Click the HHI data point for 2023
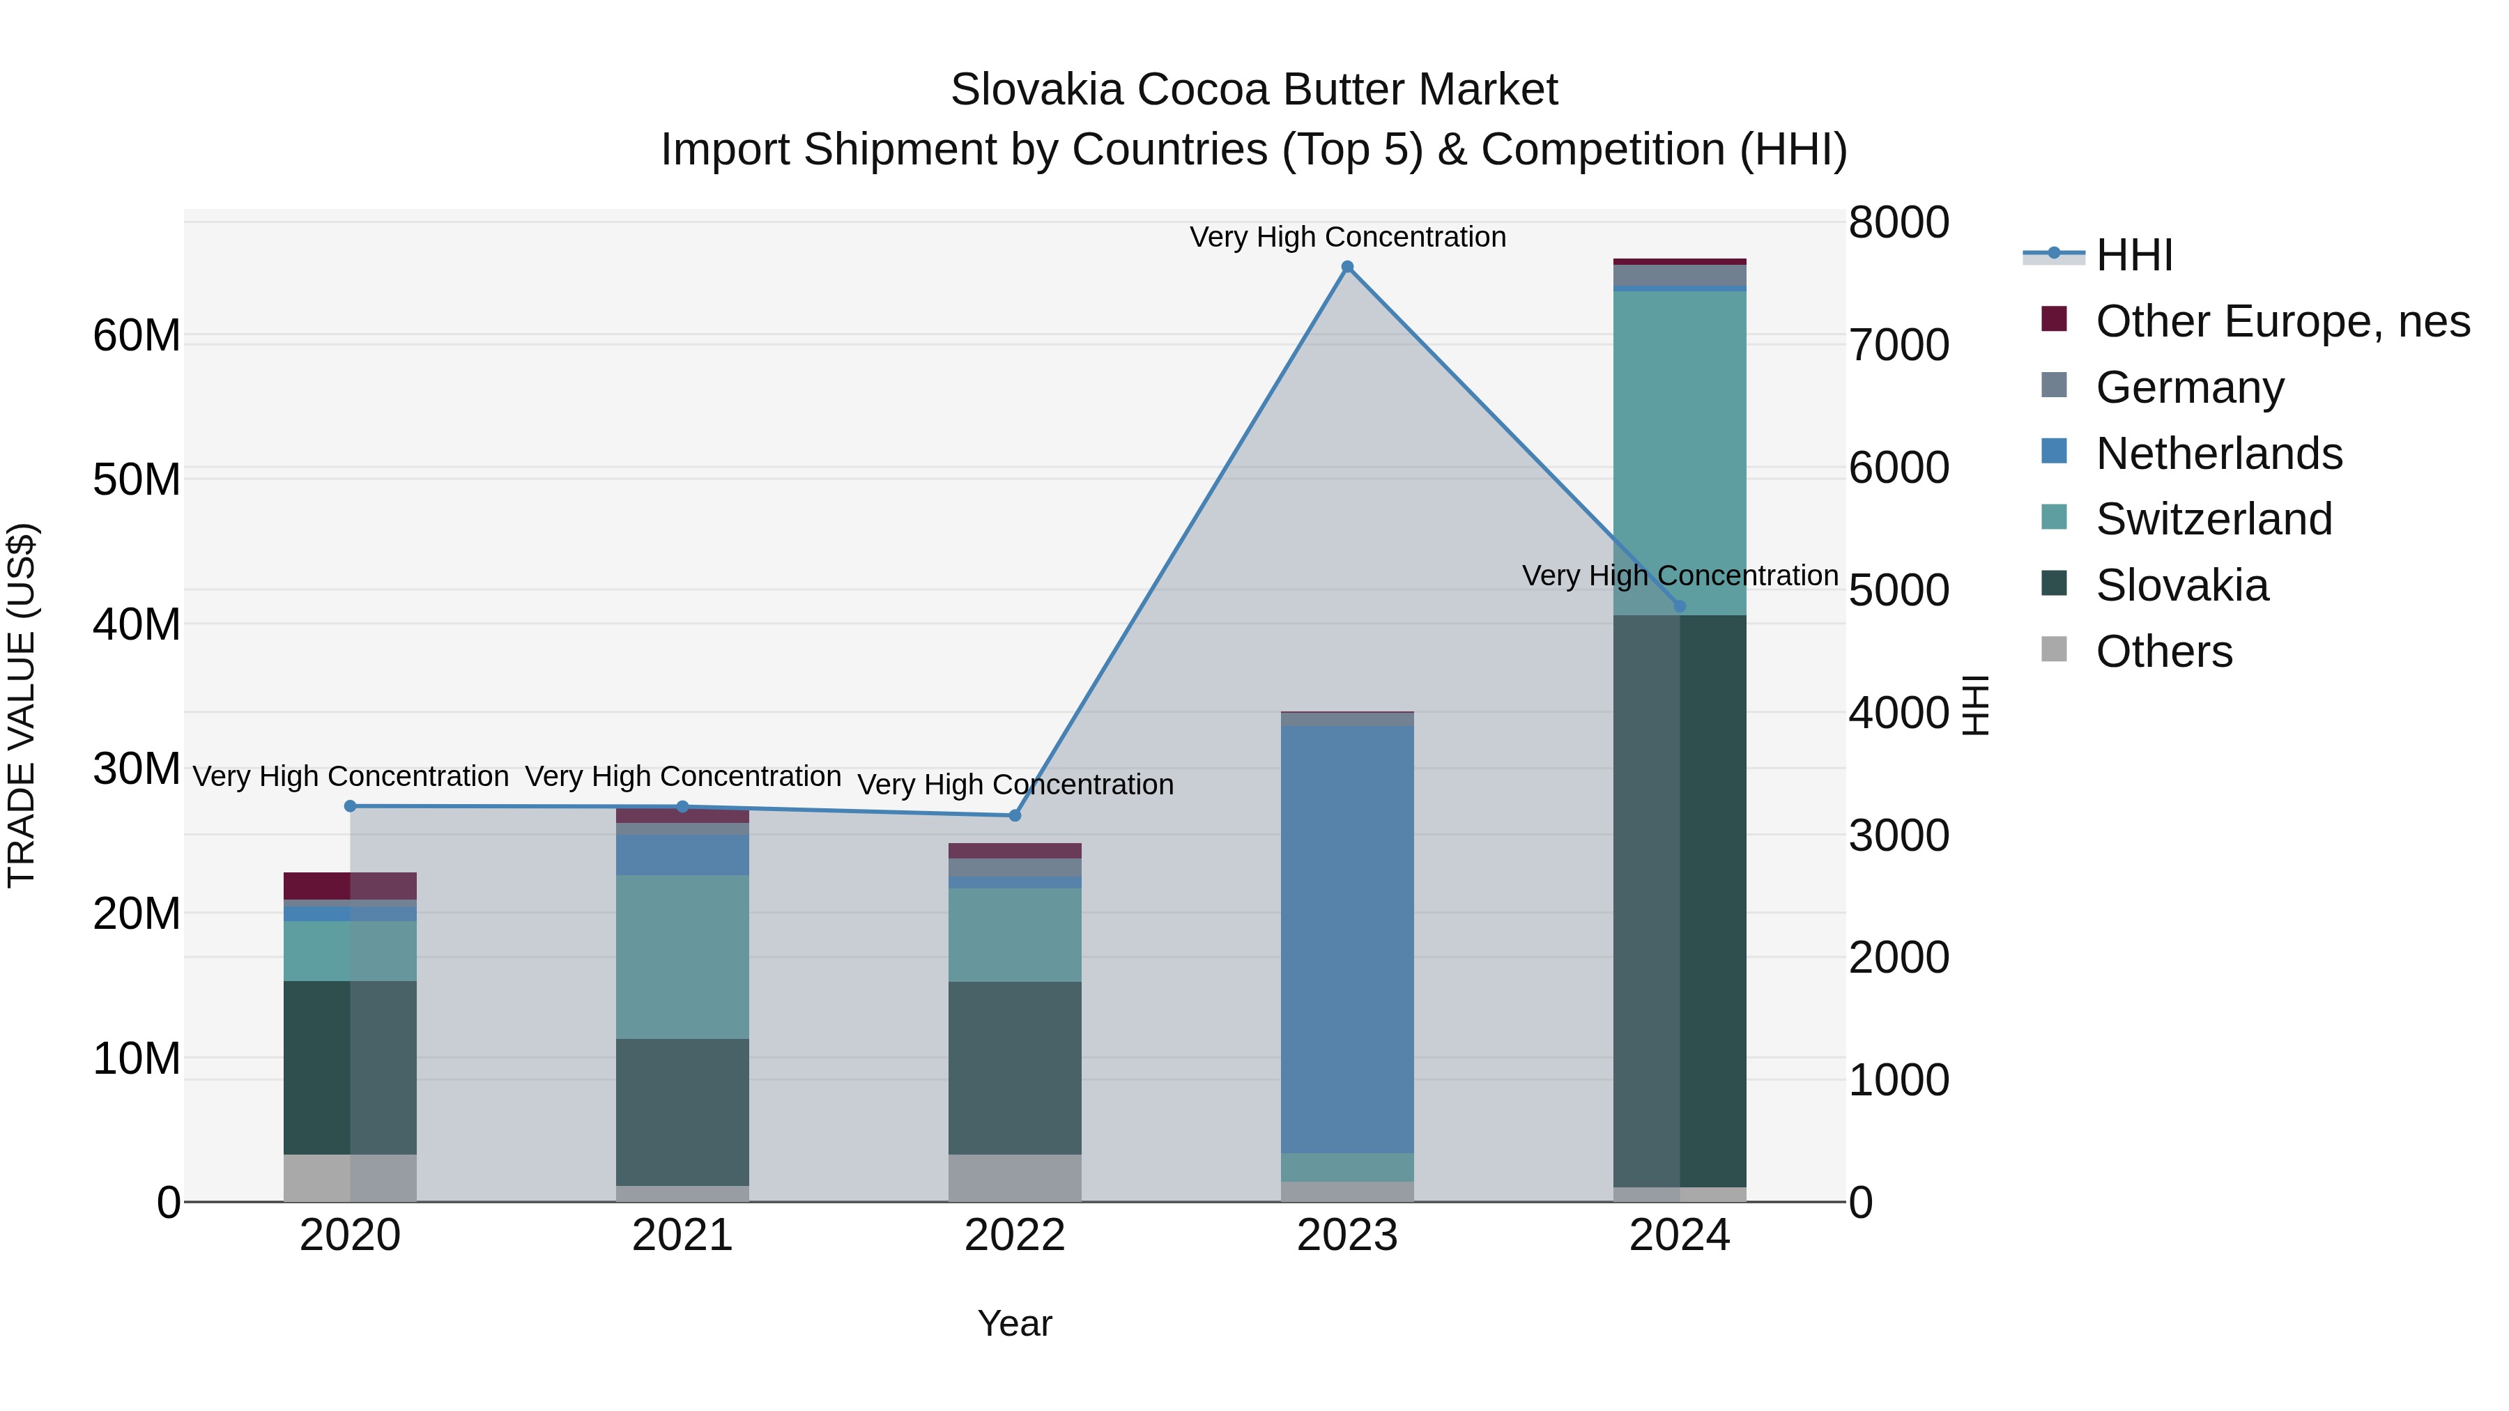[x=1347, y=267]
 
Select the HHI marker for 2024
[x=1679, y=606]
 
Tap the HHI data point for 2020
[x=351, y=806]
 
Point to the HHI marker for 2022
[x=1015, y=815]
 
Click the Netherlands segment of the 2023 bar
[x=1347, y=940]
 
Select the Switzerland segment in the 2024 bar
[x=1679, y=453]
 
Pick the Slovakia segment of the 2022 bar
[x=1015, y=1067]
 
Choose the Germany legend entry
[x=2190, y=387]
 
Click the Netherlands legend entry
[x=2219, y=453]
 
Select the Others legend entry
[x=2163, y=651]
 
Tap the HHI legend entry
[x=2133, y=255]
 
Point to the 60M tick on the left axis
[x=137, y=336]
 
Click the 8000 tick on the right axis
[x=1898, y=222]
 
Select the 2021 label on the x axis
[x=683, y=1235]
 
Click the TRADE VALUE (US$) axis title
[x=22, y=705]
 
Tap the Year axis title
[x=1015, y=1323]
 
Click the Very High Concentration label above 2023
[x=1347, y=237]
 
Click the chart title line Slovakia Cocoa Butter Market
[x=1254, y=90]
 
